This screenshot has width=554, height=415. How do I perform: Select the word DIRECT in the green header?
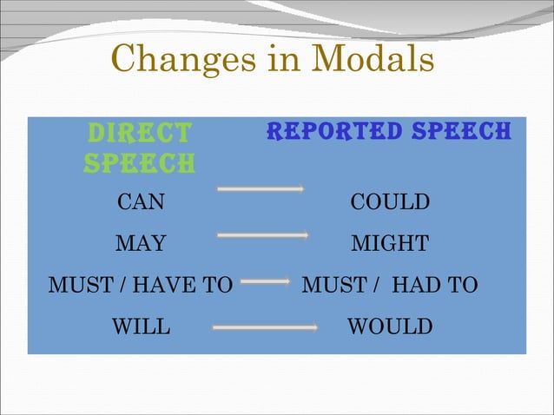point(139,134)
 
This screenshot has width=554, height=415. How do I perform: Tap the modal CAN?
point(141,203)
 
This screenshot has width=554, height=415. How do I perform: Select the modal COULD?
point(390,203)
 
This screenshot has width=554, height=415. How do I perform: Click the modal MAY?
point(141,244)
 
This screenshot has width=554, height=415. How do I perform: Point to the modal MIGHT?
point(389,244)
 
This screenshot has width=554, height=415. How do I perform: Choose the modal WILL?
point(141,327)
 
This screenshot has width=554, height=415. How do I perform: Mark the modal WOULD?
point(389,327)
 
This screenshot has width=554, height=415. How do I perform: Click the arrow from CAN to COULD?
point(260,188)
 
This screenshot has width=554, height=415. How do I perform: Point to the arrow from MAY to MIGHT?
point(262,234)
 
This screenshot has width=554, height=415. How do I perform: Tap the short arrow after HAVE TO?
point(265,281)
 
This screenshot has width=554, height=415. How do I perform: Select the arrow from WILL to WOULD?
point(265,327)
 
